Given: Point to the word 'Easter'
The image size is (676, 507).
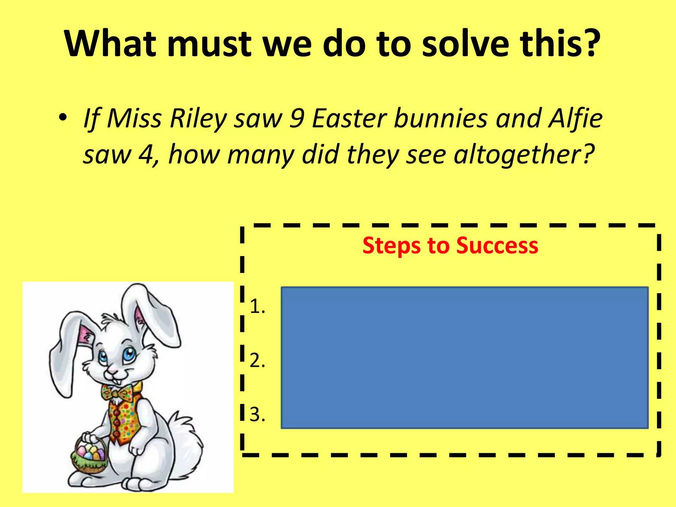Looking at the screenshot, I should [x=349, y=119].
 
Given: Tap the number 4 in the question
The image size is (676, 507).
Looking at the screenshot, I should [x=146, y=154].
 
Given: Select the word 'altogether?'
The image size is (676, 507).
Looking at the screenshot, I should [x=524, y=154].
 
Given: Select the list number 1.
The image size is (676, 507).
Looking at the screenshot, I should [x=257, y=307].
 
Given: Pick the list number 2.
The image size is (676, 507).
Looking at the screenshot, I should [x=257, y=360].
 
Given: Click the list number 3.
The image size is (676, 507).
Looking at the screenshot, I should [x=257, y=415].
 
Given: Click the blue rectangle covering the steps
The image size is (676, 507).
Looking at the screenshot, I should [x=464, y=358].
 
